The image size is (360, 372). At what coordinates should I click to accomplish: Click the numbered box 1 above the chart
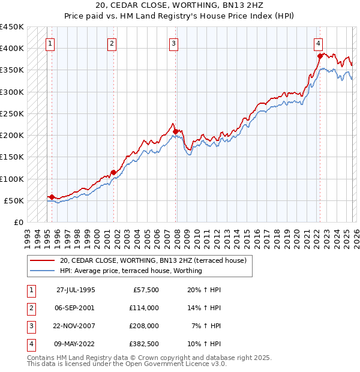[x=51, y=43]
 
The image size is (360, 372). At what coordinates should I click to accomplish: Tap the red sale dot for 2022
[x=320, y=56]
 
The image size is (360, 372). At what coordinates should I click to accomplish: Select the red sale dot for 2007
[x=175, y=131]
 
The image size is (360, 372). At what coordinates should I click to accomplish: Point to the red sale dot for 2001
[x=113, y=172]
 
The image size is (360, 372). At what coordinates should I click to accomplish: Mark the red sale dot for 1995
[x=52, y=197]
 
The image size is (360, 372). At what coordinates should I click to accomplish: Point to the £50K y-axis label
[x=14, y=201]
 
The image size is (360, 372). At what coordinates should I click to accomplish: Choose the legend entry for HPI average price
[x=131, y=271]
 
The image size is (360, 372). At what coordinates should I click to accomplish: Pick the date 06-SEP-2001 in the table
[x=76, y=308]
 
